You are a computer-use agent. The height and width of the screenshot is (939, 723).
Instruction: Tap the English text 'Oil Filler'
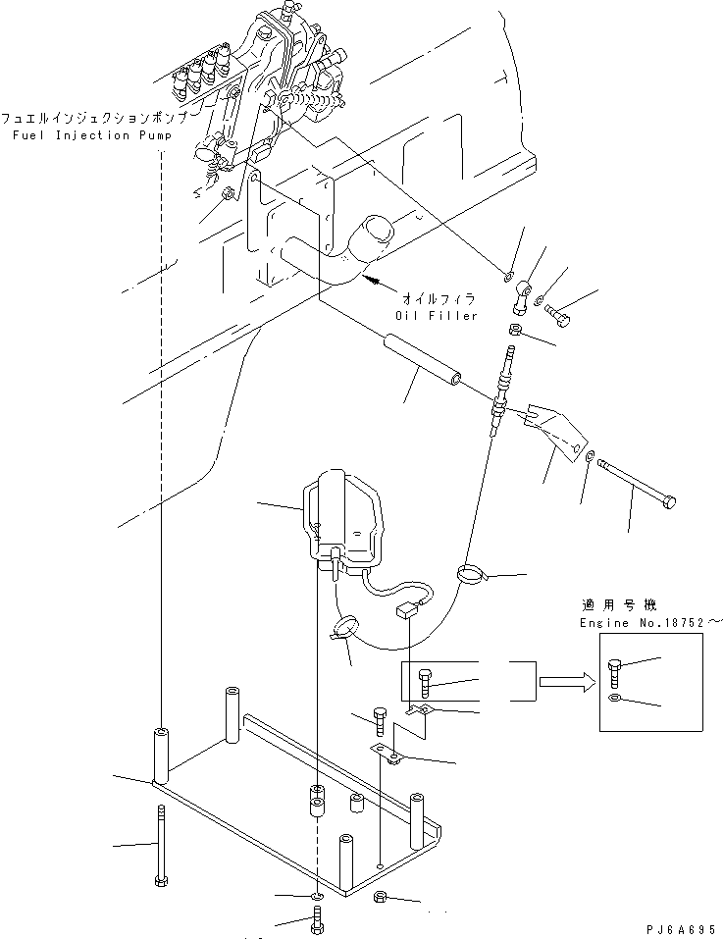436,315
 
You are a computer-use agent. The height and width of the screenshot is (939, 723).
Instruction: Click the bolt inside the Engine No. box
615,674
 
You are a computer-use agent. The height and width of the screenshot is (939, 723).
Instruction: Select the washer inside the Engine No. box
614,698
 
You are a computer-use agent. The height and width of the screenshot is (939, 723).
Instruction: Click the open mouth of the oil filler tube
372,235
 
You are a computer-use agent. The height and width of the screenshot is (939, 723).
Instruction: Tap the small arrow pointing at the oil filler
375,284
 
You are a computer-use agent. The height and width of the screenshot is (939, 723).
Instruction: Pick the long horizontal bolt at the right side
636,484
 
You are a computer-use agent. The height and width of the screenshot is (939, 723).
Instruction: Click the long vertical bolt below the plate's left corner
160,846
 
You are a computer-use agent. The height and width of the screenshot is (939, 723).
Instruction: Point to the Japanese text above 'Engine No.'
617,606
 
